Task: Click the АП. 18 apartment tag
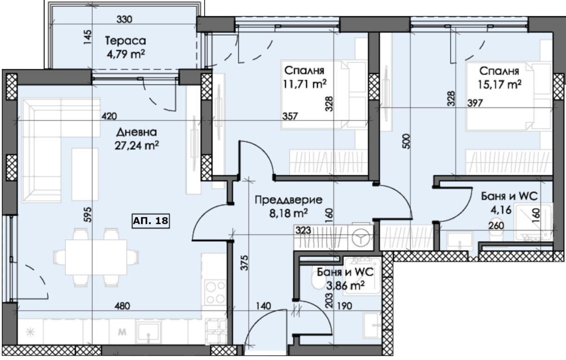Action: click(x=151, y=221)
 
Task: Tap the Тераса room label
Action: click(x=125, y=41)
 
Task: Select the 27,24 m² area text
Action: click(x=137, y=146)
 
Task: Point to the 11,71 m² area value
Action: click(x=304, y=84)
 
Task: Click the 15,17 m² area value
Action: click(x=500, y=84)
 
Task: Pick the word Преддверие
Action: click(x=289, y=200)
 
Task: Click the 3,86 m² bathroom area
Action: click(x=346, y=286)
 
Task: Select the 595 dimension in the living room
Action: click(x=87, y=215)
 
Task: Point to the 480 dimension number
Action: click(x=122, y=306)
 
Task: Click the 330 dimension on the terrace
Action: click(x=124, y=19)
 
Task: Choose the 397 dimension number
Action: click(x=475, y=103)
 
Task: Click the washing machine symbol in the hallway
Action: click(x=361, y=237)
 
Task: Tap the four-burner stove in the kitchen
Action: click(x=215, y=292)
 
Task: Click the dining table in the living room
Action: click(x=96, y=257)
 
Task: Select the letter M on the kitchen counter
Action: click(x=122, y=332)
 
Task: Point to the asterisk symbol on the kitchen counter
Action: click(x=30, y=332)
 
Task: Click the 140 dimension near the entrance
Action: click(x=264, y=306)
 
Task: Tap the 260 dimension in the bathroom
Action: click(x=496, y=225)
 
